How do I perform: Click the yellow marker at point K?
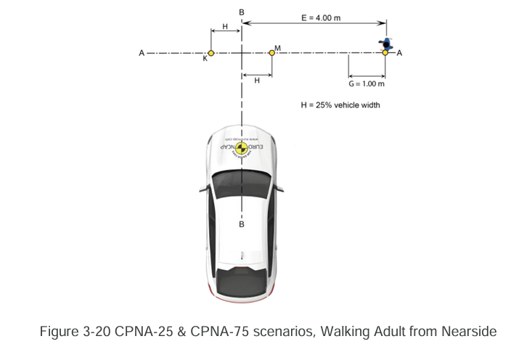pos(210,53)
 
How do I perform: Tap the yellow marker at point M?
pos(271,52)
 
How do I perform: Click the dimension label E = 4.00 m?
pos(320,17)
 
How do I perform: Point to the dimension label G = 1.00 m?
pos(367,84)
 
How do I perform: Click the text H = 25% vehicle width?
pos(340,105)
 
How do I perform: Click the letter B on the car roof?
pos(241,224)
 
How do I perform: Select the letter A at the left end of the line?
pos(142,53)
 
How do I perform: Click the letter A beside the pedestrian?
pos(400,53)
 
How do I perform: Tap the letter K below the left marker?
pos(205,60)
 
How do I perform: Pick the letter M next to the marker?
pos(278,48)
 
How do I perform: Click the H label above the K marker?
pos(225,25)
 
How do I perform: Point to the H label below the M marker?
pos(256,81)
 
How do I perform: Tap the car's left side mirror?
pos(202,186)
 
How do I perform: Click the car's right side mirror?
pos(279,186)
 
